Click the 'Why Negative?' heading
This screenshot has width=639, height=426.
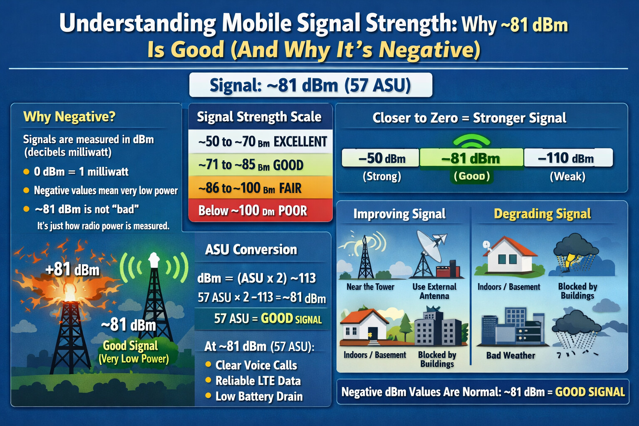(69, 117)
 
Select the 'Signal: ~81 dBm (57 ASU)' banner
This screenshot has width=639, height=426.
(311, 85)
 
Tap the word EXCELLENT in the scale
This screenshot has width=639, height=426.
(300, 142)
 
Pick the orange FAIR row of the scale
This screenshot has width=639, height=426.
(260, 188)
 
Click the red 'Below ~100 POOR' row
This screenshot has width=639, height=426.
(260, 210)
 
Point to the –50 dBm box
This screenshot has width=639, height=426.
(381, 158)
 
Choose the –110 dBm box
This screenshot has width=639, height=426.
(568, 158)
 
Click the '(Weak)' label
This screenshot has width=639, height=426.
(568, 176)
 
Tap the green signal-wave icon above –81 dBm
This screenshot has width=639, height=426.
(471, 141)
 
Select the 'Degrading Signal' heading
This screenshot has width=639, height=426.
(542, 214)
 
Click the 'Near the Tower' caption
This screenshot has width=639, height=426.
(370, 287)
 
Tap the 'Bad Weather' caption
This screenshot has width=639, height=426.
(510, 355)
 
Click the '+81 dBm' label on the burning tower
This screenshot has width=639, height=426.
(72, 269)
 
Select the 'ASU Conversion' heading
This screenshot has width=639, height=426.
(251, 249)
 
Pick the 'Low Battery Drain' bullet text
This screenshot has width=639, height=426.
(259, 396)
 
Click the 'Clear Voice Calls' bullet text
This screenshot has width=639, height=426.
(256, 365)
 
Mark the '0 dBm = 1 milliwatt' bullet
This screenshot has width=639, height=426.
(81, 171)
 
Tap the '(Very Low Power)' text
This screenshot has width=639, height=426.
(134, 359)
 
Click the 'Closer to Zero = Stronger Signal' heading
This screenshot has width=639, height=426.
(469, 118)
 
